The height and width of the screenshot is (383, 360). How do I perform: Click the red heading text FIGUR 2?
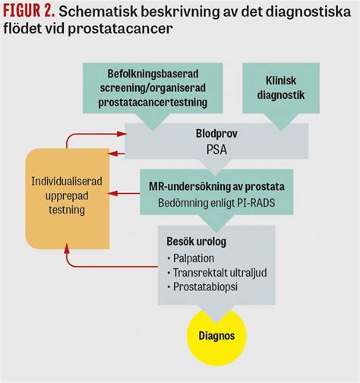[x=28, y=11]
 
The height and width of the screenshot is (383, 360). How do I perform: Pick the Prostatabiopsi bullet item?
[x=204, y=288]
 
